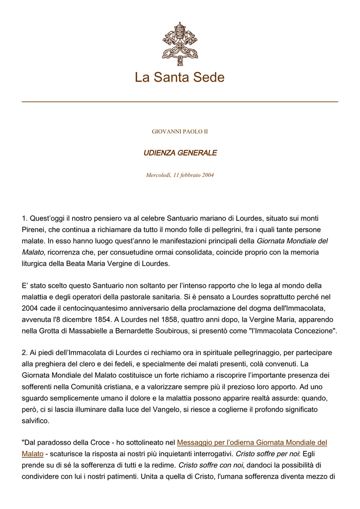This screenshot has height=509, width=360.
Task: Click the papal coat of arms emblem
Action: tap(180, 44)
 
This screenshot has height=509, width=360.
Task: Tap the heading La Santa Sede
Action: tap(180, 78)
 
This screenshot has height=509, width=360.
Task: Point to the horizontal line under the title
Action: tap(180, 102)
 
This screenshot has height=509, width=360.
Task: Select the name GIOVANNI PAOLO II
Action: tap(180, 132)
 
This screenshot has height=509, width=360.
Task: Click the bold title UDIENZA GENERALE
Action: tap(180, 153)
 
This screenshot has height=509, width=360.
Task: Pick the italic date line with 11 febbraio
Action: tap(180, 175)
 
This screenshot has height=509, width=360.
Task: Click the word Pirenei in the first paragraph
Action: tap(34, 230)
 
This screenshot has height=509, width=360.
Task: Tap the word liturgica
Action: tap(36, 263)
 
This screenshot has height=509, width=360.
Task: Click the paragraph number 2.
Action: tap(25, 352)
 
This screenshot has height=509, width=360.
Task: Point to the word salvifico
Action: tap(36, 421)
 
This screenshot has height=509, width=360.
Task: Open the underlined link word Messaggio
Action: tap(195, 442)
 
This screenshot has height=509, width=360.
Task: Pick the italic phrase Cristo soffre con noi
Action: tap(210, 465)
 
